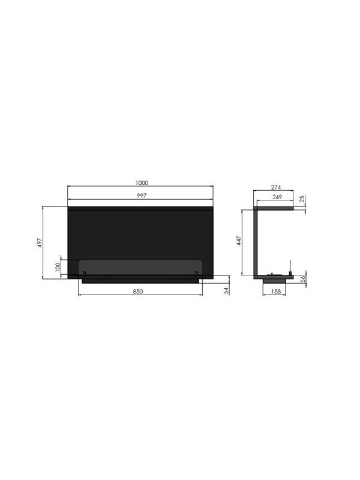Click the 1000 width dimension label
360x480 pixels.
coord(142,183)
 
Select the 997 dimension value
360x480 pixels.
coord(142,196)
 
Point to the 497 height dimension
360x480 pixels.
coord(40,243)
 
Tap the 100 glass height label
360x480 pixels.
coord(58,266)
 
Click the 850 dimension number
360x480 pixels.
coord(138,292)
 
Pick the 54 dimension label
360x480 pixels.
coord(227,291)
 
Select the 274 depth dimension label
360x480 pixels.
coord(276,187)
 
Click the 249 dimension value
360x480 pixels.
coord(277,197)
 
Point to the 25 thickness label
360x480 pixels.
coord(302,199)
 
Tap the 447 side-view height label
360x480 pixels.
coord(239,241)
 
